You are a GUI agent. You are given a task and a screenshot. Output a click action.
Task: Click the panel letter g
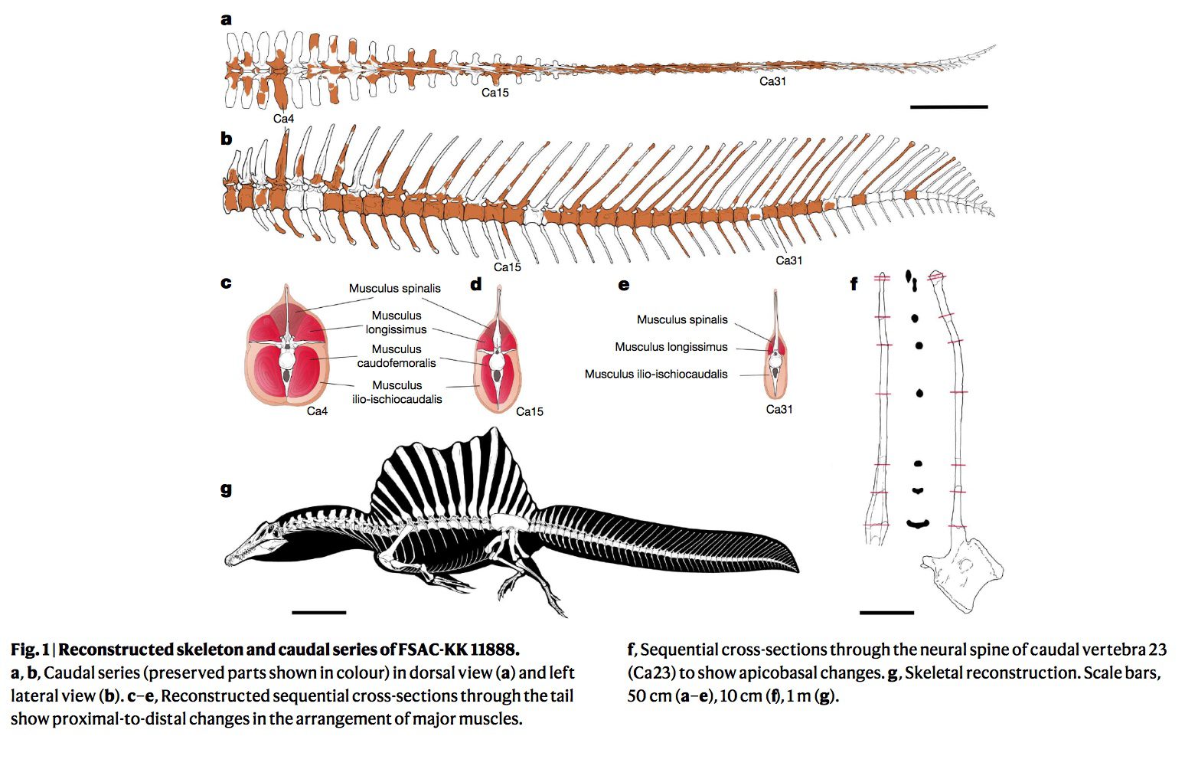tap(226, 489)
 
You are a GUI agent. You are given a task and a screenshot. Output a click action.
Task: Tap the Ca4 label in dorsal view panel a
tap(283, 119)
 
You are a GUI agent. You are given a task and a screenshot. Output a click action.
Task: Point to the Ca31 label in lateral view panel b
tap(788, 260)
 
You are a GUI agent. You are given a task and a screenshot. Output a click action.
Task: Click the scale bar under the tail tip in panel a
tap(948, 106)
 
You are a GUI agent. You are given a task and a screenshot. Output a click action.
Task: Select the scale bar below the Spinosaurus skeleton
tap(318, 612)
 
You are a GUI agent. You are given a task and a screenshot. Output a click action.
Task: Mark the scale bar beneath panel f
tap(886, 612)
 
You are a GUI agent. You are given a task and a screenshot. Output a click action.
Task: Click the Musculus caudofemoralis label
tap(397, 356)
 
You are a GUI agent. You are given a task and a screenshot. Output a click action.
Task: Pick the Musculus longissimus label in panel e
tap(671, 347)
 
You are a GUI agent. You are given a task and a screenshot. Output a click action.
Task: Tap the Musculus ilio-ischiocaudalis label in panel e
tap(656, 375)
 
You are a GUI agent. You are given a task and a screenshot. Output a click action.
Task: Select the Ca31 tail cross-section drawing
tap(776, 352)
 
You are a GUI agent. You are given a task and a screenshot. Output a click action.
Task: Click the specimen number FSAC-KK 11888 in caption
tap(459, 650)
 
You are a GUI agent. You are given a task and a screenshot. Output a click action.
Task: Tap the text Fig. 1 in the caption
tap(29, 650)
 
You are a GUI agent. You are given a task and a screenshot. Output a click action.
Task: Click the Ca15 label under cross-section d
tap(529, 411)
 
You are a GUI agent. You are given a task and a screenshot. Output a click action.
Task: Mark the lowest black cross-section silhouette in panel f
tap(917, 524)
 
